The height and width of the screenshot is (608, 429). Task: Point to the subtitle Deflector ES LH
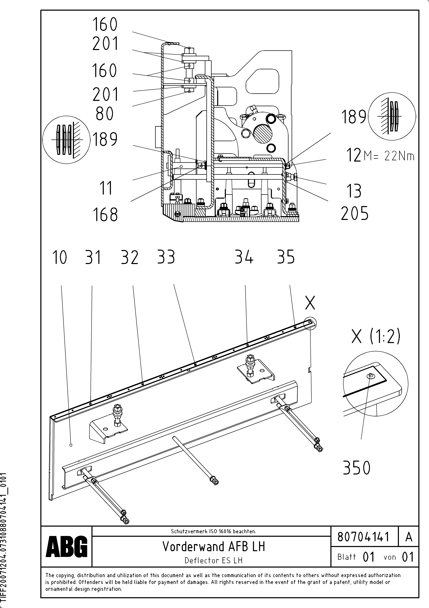tap(214, 560)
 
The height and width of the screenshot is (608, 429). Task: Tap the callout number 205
tap(354, 214)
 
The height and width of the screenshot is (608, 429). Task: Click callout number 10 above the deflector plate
tap(60, 257)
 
